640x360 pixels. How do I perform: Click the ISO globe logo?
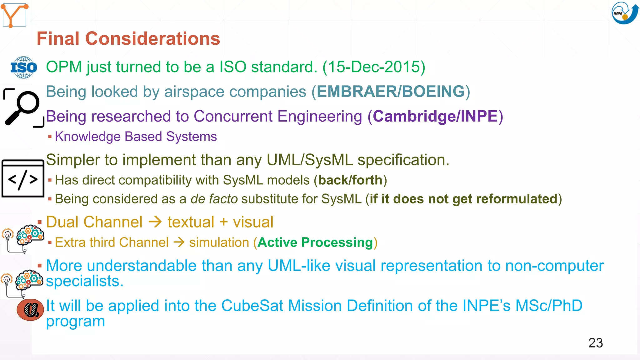[x=24, y=67]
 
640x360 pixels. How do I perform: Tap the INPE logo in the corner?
[x=624, y=13]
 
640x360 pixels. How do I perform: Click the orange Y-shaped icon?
[x=14, y=15]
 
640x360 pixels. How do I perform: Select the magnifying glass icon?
[x=23, y=108]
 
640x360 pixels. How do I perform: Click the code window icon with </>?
[x=23, y=179]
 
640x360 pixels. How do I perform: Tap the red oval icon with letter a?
[x=30, y=310]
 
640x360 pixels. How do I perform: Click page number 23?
[x=595, y=343]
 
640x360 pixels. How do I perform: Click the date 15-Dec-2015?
[x=374, y=67]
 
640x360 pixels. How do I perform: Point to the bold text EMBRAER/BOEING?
[x=391, y=92]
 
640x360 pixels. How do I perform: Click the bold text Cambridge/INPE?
[x=435, y=116]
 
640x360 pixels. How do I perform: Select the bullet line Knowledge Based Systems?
[x=136, y=137]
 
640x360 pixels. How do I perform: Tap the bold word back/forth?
[x=350, y=180]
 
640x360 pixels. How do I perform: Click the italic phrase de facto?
[x=214, y=199]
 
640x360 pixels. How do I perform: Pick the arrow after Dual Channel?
[x=155, y=222]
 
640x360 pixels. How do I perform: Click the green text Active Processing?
[x=315, y=242]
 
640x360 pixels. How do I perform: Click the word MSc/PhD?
[x=549, y=306]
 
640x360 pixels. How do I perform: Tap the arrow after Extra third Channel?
[x=179, y=242]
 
